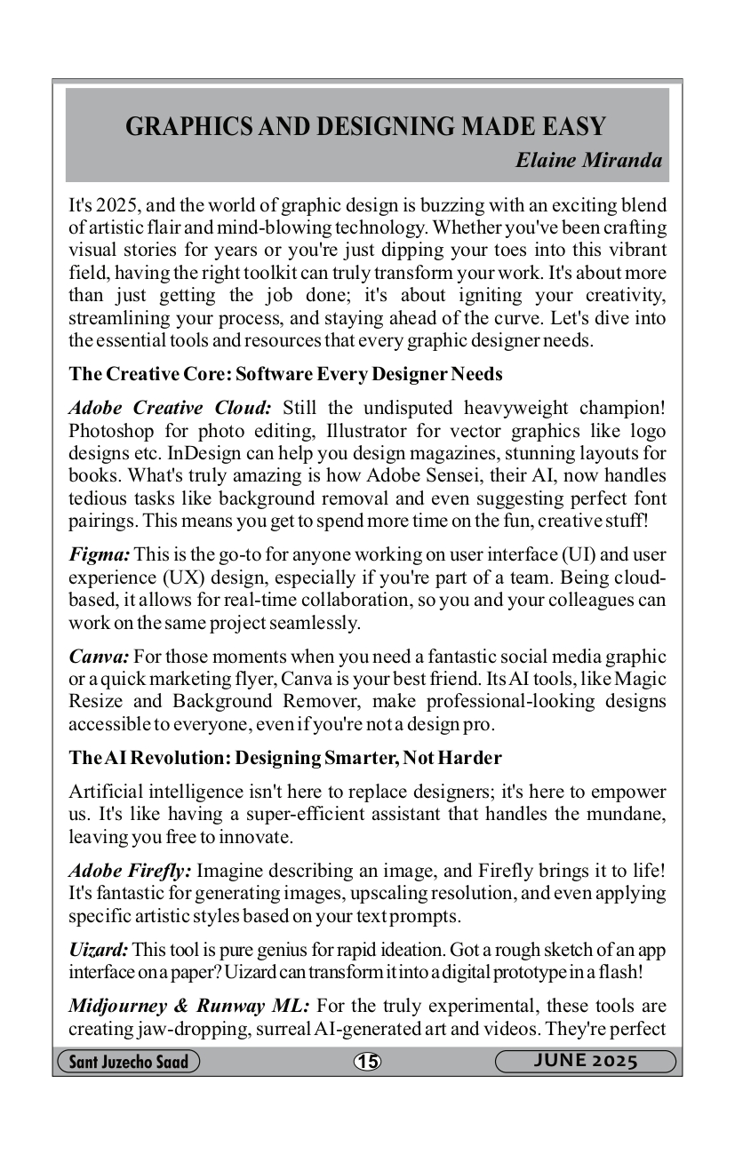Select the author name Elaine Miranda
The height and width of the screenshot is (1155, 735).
pos(588,161)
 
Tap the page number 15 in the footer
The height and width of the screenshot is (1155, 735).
pos(366,1062)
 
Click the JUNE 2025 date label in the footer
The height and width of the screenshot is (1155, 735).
pos(586,1062)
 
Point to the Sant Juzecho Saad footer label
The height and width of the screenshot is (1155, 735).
pos(128,1062)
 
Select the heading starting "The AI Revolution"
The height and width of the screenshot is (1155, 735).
pos(284,758)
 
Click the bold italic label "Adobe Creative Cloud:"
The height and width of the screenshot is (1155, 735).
pos(170,408)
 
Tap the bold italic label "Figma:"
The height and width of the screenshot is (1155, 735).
pos(100,555)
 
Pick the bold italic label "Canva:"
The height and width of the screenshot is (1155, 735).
pos(100,657)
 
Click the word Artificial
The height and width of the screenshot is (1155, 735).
pos(113,792)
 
